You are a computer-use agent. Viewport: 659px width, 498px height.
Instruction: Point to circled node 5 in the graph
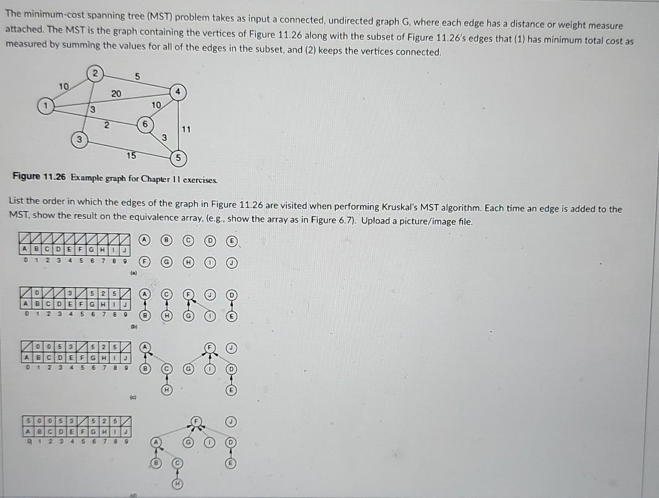point(177,158)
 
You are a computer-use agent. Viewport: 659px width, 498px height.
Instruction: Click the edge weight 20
point(116,93)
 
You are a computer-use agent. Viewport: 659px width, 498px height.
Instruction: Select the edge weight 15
point(131,155)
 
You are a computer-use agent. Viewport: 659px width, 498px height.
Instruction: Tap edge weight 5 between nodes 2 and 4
point(138,76)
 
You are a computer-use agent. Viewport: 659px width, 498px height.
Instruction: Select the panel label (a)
point(132,272)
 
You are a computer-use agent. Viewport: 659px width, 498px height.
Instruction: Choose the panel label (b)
point(132,326)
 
